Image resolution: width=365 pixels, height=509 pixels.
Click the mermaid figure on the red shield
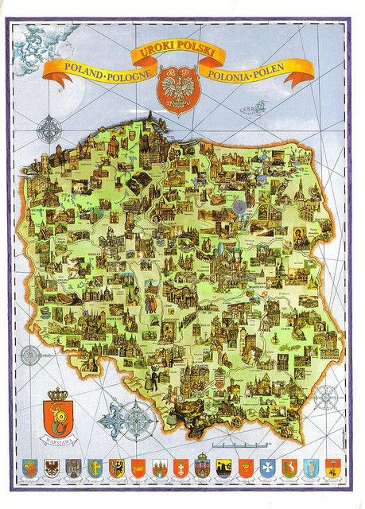58,416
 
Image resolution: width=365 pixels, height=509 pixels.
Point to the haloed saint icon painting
301,237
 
